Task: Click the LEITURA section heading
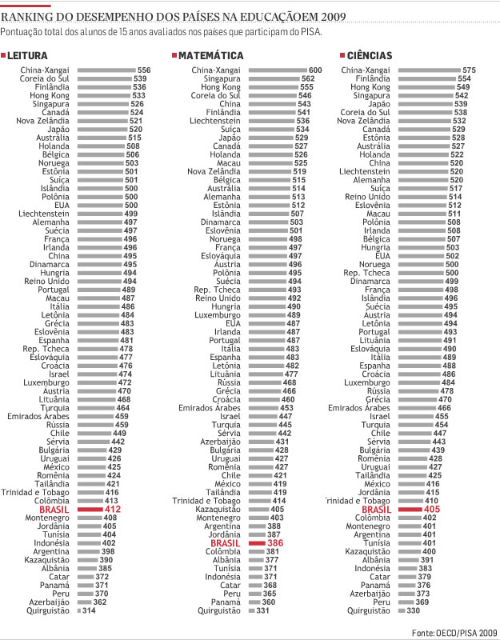click(x=29, y=56)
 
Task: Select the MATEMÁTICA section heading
click(x=210, y=56)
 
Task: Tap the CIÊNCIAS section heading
click(x=369, y=56)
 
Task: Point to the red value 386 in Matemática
click(x=274, y=542)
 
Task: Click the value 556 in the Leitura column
click(x=144, y=71)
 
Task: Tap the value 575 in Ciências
click(x=469, y=71)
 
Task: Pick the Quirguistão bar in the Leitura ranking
click(x=78, y=610)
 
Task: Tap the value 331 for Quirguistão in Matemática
click(x=262, y=610)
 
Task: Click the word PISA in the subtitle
click(x=309, y=32)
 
